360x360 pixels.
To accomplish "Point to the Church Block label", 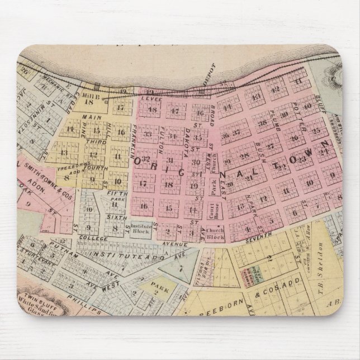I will (x=215, y=233).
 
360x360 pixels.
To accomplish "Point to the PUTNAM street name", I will (x=60, y=245).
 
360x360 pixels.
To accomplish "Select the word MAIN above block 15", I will (x=90, y=117).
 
